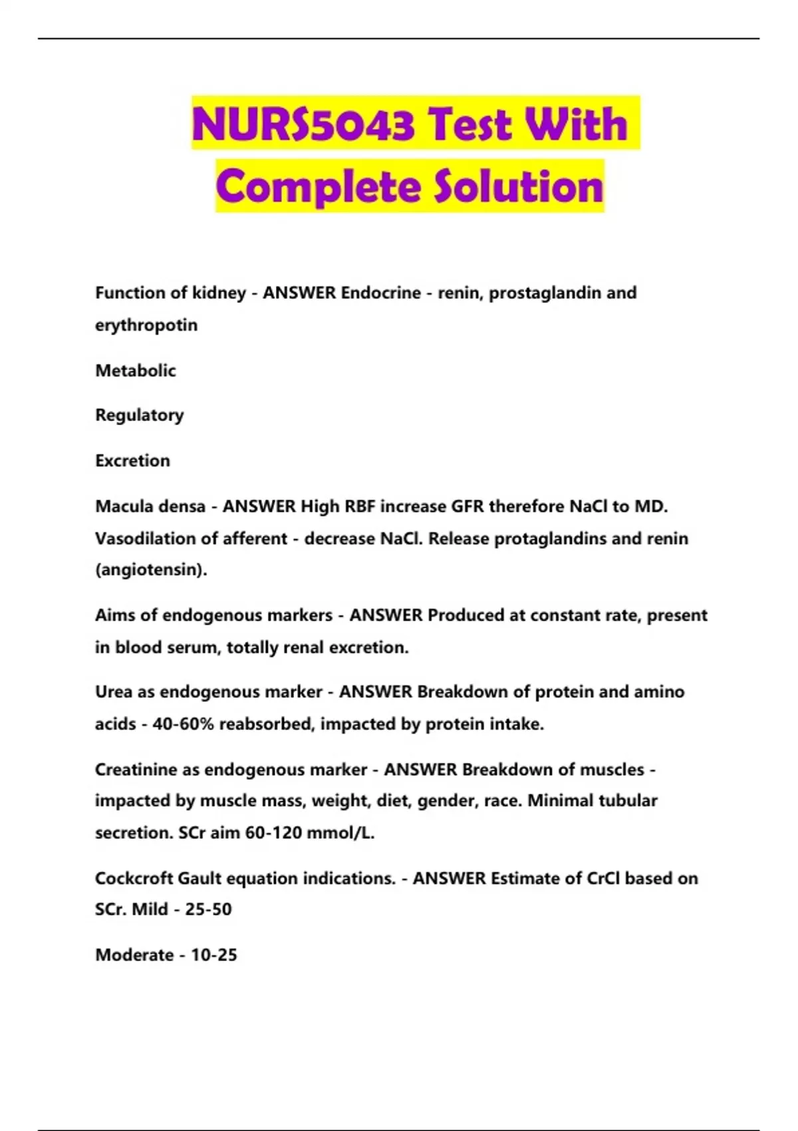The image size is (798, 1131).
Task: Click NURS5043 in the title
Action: (x=303, y=124)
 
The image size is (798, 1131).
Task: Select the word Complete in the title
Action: (x=317, y=186)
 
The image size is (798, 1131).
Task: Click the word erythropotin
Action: (x=146, y=325)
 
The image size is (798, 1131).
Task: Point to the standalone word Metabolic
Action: (x=136, y=371)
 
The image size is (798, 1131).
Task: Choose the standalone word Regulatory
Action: (x=140, y=415)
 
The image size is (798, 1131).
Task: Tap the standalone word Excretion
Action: (x=133, y=460)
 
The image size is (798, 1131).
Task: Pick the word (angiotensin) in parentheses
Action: (x=151, y=570)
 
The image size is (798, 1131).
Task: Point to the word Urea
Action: (x=114, y=692)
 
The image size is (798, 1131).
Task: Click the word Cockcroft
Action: (x=134, y=878)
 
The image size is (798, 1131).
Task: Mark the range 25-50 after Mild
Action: (x=208, y=909)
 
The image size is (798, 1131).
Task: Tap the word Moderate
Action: (x=134, y=955)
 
